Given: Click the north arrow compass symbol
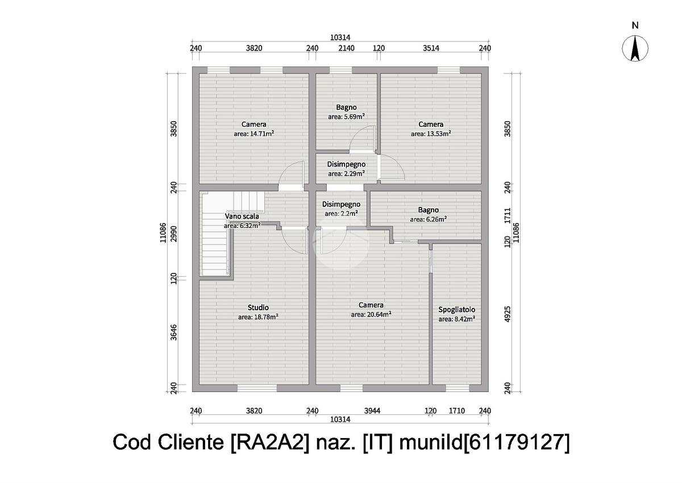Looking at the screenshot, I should click(635, 48).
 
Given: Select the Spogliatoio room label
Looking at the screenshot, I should click(456, 310).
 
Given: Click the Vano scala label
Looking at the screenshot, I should click(242, 216).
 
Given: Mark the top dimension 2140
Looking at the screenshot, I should click(346, 48).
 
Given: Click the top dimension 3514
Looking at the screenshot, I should click(431, 48).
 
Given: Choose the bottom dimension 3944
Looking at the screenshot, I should click(372, 411).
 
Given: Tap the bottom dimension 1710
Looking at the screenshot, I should click(458, 411).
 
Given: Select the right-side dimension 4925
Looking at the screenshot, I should click(508, 314).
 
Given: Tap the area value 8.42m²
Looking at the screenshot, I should click(456, 319).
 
